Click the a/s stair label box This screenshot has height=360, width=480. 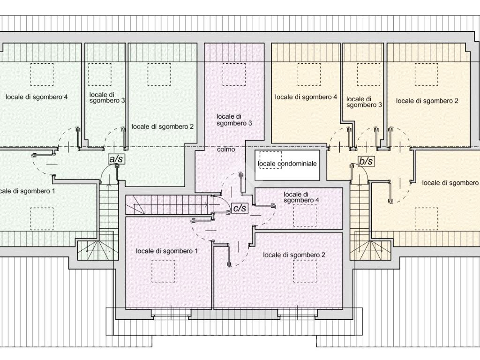pos(116,158)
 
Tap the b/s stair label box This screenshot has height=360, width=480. pos(366,161)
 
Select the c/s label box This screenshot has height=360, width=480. pos(240,208)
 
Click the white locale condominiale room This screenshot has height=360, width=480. pos(287,165)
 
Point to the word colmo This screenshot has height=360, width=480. pos(226,150)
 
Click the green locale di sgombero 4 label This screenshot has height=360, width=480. pos(37,97)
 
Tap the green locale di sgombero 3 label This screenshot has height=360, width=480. pos(107,97)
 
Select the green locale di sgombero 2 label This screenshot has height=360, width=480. pos(163,127)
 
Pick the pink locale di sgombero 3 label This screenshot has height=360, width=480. pos(234,120)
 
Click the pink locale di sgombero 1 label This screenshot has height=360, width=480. pos(167,251)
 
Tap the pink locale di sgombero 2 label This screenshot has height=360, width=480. pos(294,255)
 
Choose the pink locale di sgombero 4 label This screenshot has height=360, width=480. pos(301,197)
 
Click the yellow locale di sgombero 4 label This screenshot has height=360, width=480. pos(306,97)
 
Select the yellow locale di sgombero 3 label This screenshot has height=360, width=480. pos(364,102)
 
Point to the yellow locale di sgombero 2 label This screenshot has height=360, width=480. pos(427,101)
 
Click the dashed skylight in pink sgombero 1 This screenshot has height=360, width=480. pos(163,271)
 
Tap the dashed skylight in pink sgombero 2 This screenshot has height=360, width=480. pos(305,271)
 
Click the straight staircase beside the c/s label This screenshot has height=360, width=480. pos(170,204)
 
